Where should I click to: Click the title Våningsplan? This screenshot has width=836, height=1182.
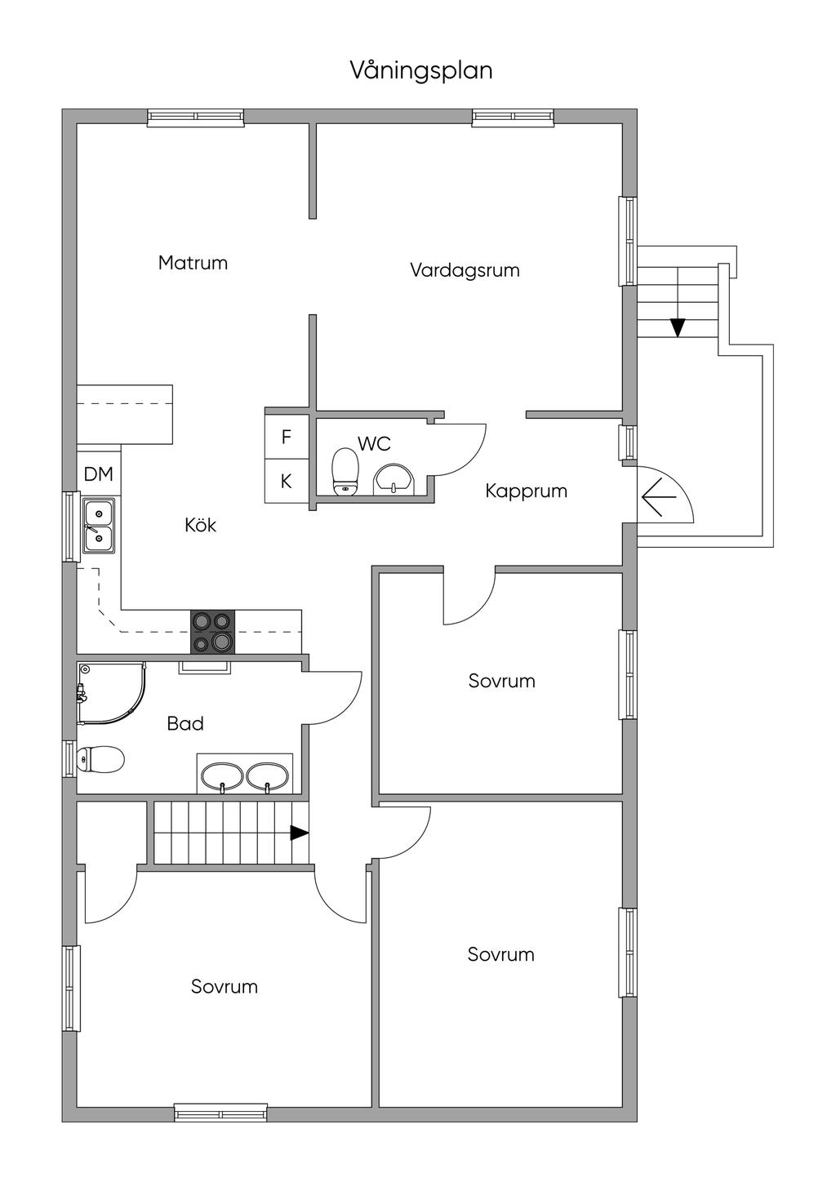tap(421, 71)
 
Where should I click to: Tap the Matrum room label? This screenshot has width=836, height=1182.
tap(193, 263)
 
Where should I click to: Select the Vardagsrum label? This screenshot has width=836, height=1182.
tap(465, 270)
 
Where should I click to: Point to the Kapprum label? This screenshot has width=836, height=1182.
tap(526, 491)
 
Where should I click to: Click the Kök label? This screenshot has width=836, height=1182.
tap(201, 525)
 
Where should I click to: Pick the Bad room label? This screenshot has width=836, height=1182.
tap(185, 723)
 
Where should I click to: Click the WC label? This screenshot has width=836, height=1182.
tap(374, 444)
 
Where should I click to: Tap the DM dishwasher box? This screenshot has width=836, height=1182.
tap(99, 473)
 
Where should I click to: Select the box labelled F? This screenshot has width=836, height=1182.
tap(286, 437)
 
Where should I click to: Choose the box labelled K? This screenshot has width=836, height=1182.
tap(286, 482)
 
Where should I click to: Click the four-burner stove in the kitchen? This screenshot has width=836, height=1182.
tap(213, 632)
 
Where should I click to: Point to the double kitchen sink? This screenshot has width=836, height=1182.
tap(98, 526)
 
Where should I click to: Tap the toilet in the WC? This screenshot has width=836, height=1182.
tap(345, 472)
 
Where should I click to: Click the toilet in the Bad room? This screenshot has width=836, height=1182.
tap(100, 759)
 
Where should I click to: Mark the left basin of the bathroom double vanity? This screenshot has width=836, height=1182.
tap(222, 776)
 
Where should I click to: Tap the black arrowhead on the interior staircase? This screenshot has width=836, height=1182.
tap(300, 833)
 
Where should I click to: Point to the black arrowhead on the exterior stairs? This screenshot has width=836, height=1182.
tap(677, 327)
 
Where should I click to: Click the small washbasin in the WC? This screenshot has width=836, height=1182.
tap(395, 480)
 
